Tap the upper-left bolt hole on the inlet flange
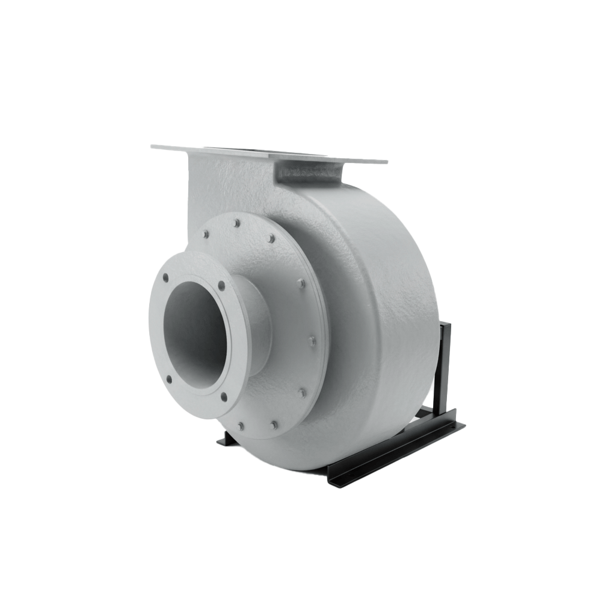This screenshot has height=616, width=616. [x=165, y=278]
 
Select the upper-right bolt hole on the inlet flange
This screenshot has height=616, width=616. [x=221, y=286]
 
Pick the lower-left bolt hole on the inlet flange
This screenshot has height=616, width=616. [x=168, y=379]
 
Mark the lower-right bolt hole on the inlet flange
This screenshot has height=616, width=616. [x=223, y=396]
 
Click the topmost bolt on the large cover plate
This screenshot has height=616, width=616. [x=236, y=223]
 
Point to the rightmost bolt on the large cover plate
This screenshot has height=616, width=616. [x=312, y=341]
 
